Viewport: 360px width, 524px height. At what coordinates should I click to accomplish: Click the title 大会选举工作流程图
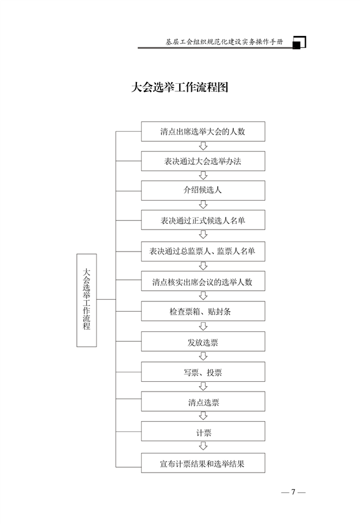coord(180,87)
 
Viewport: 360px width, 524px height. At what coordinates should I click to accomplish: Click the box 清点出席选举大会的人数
coord(203,131)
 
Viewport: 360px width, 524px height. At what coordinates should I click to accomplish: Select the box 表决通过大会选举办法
coord(203,161)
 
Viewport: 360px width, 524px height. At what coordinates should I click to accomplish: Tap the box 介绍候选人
coord(203,190)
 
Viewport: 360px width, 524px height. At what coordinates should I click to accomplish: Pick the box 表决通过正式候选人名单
coord(203,220)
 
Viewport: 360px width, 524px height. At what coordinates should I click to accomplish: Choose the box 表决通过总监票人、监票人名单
coord(203,252)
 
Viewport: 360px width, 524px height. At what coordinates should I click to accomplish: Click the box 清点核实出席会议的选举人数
coord(203,281)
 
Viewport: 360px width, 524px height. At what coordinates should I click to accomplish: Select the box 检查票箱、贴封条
coord(203,311)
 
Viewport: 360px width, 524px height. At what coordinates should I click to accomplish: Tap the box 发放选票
coord(203,342)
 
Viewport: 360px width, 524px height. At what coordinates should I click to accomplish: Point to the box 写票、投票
coord(203,372)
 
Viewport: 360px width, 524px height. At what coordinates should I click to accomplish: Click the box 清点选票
coord(203,401)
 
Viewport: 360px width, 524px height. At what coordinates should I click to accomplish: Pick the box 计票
coord(203,431)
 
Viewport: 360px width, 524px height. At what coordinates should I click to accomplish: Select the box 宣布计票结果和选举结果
coord(203,463)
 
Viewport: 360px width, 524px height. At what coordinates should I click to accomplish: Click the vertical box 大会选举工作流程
coord(87,300)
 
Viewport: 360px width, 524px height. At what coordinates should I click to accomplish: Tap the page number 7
coord(293,492)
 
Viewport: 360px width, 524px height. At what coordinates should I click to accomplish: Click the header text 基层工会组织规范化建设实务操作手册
coord(224,42)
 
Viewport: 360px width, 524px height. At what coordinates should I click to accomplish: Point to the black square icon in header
coord(296,45)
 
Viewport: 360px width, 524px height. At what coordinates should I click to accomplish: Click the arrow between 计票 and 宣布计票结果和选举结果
coord(203,446)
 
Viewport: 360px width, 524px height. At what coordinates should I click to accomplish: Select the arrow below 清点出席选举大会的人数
coord(203,146)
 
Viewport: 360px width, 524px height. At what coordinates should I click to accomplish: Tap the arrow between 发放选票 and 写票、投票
coord(203,356)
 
